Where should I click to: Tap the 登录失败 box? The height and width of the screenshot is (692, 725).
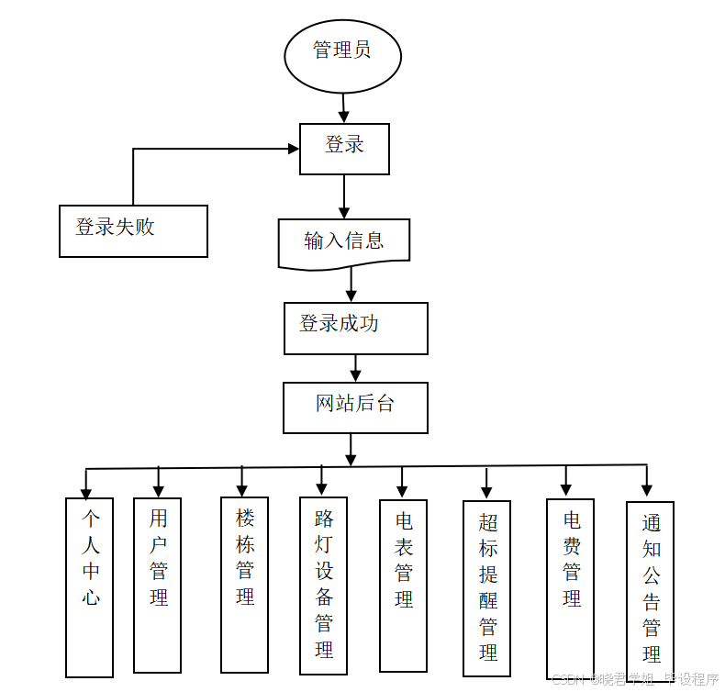pos(133,230)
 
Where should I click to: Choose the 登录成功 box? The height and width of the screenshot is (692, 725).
pos(355,328)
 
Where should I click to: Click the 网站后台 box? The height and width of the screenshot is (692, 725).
pos(355,407)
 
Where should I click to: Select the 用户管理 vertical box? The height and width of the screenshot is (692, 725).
pos(158,586)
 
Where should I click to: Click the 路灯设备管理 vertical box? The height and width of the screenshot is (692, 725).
pos(323,586)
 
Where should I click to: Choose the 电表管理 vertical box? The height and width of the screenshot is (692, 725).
pos(403,586)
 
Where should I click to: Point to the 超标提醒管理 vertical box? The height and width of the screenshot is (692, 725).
pos(486,587)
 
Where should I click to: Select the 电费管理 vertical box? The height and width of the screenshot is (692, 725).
pos(570,588)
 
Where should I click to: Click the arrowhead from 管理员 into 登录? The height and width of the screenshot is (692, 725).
pos(344,117)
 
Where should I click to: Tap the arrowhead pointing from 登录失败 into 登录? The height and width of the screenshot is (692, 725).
pos(293,149)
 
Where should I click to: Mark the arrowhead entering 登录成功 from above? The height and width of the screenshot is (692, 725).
pos(351,296)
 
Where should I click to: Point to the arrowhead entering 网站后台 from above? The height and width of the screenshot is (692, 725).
pos(356,374)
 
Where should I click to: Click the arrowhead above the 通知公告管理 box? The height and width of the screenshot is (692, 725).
pos(647,490)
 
